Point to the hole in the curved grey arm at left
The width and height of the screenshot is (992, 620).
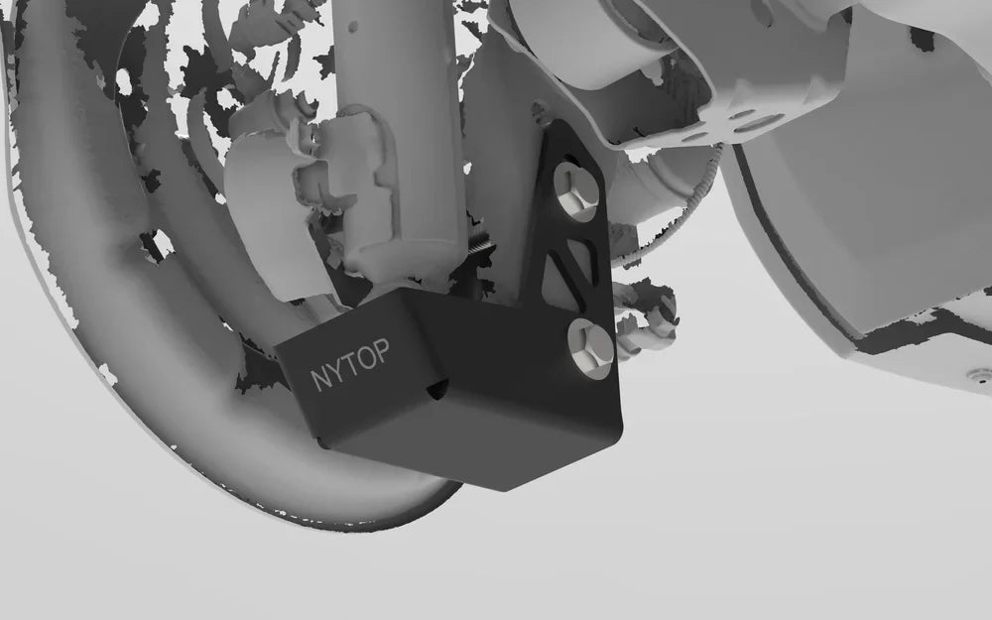click(156, 243)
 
